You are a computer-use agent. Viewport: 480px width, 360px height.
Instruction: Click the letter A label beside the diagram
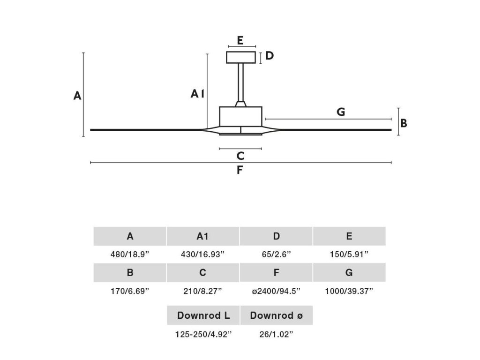77,96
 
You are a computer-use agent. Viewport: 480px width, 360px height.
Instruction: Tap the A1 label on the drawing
197,94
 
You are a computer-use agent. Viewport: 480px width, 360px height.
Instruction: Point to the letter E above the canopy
240,40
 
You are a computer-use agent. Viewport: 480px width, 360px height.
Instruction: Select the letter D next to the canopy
269,56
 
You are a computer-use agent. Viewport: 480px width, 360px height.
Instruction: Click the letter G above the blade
341,112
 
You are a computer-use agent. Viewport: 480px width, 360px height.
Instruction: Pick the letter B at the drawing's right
404,123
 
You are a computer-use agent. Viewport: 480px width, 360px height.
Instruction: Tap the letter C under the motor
240,156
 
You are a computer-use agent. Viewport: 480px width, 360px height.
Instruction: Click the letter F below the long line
240,170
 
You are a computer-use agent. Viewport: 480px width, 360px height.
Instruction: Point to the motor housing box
240,115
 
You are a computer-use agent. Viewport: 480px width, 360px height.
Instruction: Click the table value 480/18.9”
130,255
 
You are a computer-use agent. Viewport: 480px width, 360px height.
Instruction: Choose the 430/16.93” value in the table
202,255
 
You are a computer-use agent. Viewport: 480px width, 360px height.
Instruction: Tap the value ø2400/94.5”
276,291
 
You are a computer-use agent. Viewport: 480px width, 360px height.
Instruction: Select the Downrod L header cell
203,315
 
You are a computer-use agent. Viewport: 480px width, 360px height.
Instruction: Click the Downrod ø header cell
276,315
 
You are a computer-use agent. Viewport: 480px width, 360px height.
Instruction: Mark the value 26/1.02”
276,334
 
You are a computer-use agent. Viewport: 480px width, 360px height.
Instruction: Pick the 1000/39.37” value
349,291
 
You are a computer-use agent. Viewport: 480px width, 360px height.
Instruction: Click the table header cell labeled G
349,272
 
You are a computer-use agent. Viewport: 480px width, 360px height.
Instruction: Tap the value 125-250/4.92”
203,334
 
